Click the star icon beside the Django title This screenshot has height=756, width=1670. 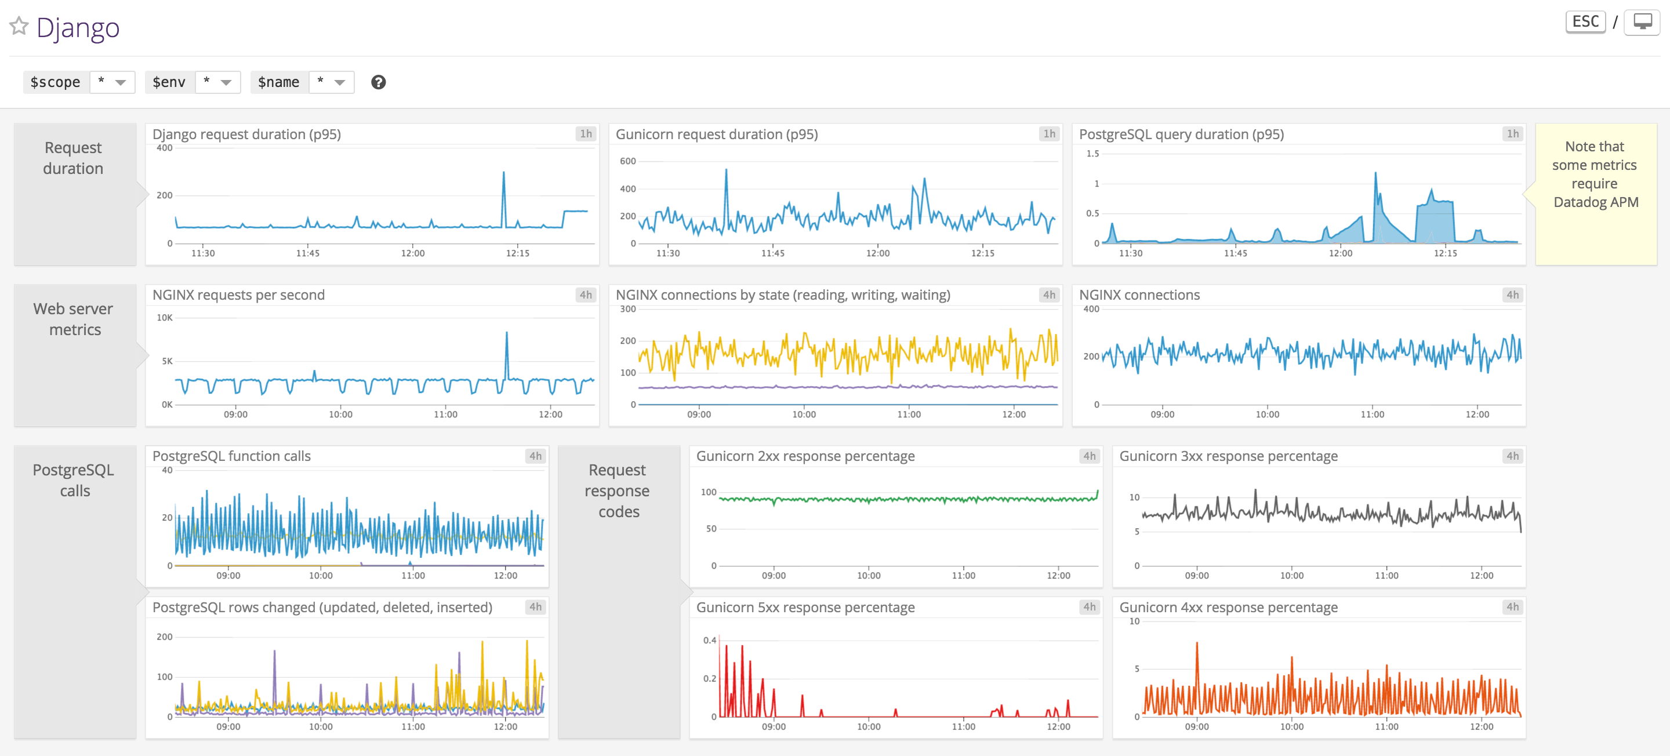[19, 26]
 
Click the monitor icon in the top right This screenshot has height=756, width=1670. [1642, 22]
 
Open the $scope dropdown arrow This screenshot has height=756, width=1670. [121, 82]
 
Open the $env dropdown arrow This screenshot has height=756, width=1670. [226, 82]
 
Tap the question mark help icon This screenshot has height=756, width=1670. [379, 82]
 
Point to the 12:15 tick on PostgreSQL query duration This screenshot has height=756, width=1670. [1445, 253]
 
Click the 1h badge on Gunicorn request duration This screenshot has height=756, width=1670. [1049, 134]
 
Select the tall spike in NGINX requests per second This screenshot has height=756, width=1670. [506, 334]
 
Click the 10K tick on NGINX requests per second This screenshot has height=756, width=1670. [165, 318]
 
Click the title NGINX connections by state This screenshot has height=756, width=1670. [782, 295]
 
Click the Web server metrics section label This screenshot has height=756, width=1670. [74, 319]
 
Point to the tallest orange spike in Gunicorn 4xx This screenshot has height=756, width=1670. [1197, 644]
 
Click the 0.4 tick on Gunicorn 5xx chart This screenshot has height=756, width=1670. [710, 640]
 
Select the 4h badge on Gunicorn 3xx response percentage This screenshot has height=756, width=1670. [1512, 456]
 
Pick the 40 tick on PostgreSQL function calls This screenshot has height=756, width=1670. [167, 470]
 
